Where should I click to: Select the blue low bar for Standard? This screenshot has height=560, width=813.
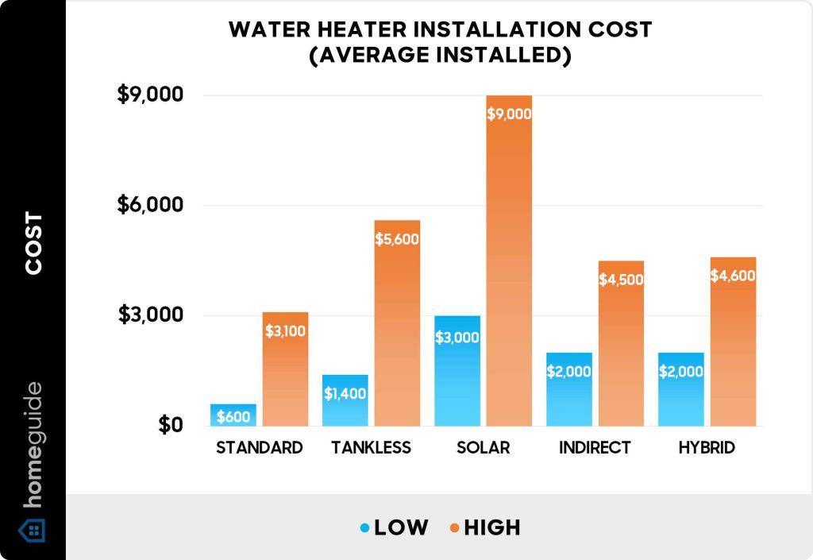(233, 415)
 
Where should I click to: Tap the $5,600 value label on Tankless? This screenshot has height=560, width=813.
(397, 238)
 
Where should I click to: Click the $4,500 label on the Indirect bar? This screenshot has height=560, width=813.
(621, 280)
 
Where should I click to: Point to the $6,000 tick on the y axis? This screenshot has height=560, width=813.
(150, 205)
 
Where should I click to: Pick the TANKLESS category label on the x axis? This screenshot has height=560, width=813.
(371, 447)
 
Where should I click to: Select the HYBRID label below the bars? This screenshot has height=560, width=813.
(707, 447)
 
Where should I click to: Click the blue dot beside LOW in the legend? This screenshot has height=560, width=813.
(364, 527)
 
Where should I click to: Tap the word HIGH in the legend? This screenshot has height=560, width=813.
(492, 527)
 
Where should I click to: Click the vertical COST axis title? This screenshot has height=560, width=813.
(33, 243)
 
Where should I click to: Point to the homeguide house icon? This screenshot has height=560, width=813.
(33, 530)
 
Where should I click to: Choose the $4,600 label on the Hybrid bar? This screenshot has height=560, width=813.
(733, 276)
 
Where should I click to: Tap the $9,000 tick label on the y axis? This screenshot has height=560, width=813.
(150, 95)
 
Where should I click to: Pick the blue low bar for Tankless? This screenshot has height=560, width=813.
(345, 401)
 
